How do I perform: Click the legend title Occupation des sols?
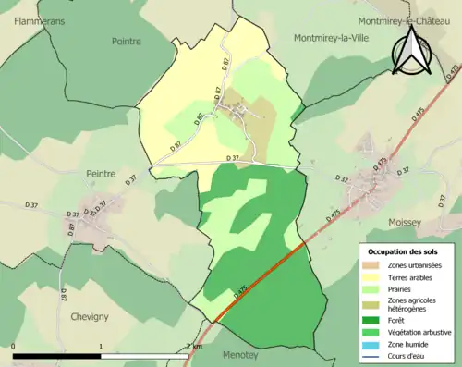[404, 251]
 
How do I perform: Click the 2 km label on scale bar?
[195, 347]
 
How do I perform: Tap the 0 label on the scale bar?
[14, 347]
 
